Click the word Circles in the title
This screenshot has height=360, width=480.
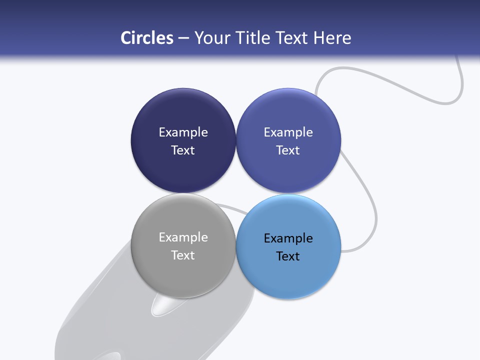tap(146, 37)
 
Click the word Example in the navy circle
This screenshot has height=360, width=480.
tap(183, 132)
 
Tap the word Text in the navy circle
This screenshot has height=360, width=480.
tap(183, 150)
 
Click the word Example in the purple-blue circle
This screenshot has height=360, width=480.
tap(288, 132)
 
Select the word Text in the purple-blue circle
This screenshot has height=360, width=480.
tap(288, 150)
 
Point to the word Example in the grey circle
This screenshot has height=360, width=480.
tap(183, 237)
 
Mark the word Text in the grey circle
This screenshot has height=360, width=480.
tap(183, 255)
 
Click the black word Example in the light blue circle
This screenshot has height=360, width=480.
tap(288, 238)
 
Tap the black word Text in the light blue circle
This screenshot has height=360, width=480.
tap(288, 256)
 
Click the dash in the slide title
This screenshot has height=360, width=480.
tap(183, 38)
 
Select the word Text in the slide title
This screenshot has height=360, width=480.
tap(292, 37)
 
